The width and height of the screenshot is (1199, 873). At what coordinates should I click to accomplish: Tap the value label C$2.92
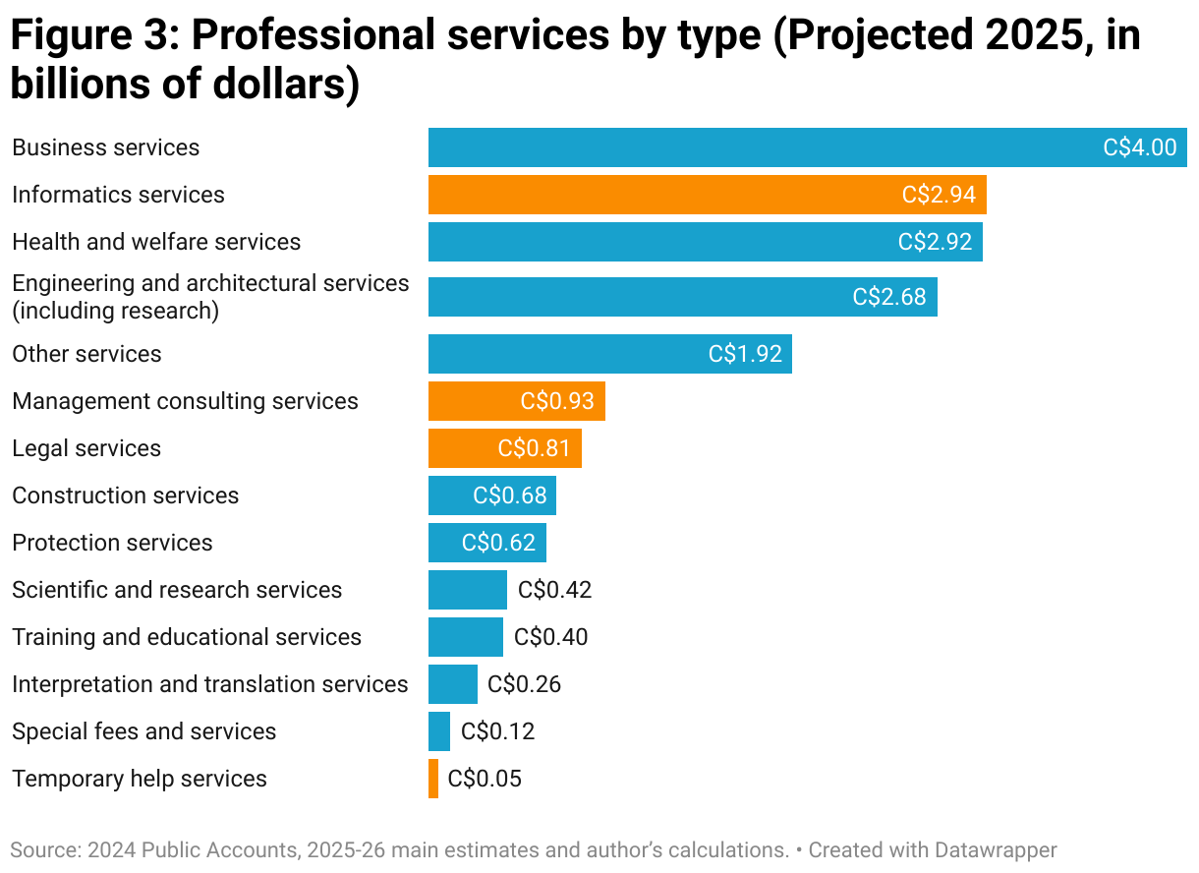click(x=935, y=242)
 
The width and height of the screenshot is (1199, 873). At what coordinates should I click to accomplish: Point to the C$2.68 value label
click(x=889, y=297)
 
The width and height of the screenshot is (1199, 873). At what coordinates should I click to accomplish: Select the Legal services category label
click(x=86, y=448)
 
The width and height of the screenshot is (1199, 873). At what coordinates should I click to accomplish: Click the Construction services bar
click(x=452, y=495)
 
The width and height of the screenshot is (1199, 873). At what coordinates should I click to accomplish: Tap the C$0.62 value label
click(x=499, y=543)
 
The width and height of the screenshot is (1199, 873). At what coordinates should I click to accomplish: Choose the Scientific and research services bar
click(x=467, y=590)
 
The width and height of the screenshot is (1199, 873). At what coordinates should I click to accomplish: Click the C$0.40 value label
click(x=551, y=637)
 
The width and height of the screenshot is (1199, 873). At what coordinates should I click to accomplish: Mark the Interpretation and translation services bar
click(x=452, y=684)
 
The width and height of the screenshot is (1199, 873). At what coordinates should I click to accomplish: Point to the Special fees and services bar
click(x=439, y=731)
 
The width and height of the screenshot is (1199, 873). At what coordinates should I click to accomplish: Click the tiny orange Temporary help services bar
click(x=433, y=779)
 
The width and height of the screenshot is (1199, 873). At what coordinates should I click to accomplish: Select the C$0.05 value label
click(x=485, y=779)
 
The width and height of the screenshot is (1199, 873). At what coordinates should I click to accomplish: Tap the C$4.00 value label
click(x=1140, y=147)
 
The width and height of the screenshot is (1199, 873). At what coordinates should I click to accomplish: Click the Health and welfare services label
click(x=156, y=242)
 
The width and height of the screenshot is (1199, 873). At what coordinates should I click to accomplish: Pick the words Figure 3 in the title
click(x=88, y=36)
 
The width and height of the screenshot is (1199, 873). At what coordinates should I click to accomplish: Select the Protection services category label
click(x=112, y=543)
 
